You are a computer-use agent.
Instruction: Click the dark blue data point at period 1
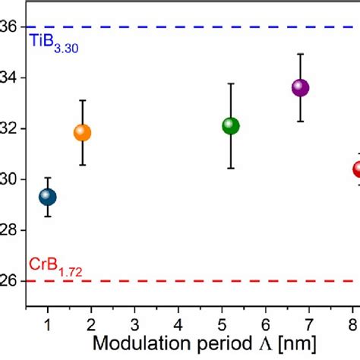(48, 197)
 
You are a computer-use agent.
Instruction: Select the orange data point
(82, 133)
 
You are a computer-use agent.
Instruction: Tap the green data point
(231, 126)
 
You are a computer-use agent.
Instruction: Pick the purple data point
(300, 87)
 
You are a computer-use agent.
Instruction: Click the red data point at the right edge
(355, 169)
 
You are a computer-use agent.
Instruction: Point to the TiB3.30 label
(54, 45)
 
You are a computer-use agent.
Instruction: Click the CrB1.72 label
(54, 265)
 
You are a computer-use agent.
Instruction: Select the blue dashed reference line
(190, 27)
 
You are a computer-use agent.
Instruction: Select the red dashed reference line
(190, 281)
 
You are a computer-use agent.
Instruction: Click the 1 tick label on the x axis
(48, 322)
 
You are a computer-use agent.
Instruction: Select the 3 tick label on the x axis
(134, 322)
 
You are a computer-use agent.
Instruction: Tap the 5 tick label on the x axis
(222, 322)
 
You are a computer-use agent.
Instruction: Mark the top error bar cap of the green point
(231, 84)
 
